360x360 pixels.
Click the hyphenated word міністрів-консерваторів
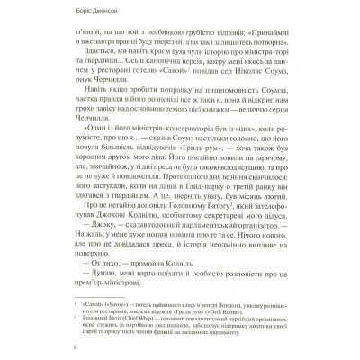121,154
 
